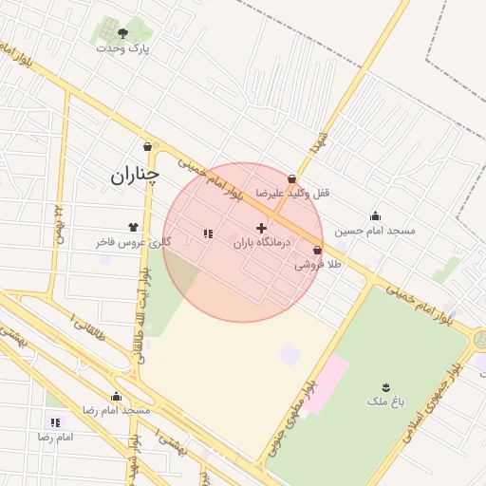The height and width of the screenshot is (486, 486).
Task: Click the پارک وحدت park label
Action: tap(129, 47)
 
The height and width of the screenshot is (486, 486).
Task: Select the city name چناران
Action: tap(134, 175)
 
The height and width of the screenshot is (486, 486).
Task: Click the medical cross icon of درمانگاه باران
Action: tap(262, 228)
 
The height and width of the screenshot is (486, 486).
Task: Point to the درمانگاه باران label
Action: tap(261, 243)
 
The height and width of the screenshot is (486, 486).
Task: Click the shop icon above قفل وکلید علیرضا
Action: tap(291, 178)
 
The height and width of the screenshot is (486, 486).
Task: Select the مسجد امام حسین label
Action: tap(375, 230)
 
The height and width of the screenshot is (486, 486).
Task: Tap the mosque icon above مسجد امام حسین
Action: tap(375, 215)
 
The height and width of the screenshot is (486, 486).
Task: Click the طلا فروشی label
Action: tap(317, 265)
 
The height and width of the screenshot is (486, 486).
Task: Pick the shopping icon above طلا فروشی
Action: tap(317, 251)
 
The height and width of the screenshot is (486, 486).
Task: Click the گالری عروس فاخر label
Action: tap(133, 242)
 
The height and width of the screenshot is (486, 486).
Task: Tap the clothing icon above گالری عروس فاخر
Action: tap(133, 228)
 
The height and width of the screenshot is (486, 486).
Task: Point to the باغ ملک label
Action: tap(386, 402)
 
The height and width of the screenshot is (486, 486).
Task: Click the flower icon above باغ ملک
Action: tap(386, 386)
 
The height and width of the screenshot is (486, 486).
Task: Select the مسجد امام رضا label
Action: tap(117, 410)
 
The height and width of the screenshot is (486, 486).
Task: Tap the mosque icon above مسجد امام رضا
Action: tap(117, 397)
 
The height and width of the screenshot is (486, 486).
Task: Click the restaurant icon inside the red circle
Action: tap(207, 234)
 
